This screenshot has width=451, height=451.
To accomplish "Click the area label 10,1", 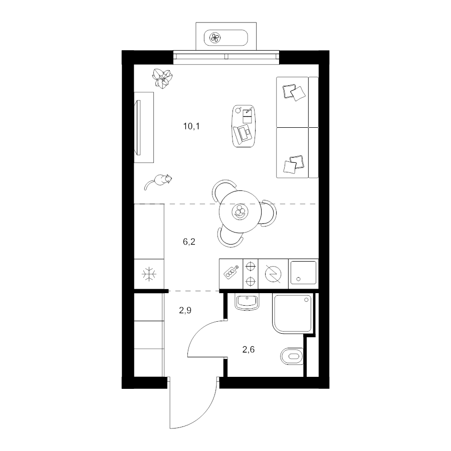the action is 191,126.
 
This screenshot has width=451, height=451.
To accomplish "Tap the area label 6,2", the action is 189,242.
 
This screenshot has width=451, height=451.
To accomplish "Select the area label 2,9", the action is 185,310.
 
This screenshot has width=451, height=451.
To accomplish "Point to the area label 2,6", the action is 249,350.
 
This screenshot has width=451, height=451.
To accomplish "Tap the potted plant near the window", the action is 162,78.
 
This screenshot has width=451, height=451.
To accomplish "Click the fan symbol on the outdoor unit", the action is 215,38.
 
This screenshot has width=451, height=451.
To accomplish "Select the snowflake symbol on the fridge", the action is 149,274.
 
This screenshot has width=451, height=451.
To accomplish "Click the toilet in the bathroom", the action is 292,356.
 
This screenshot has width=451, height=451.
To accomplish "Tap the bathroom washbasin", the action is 247,302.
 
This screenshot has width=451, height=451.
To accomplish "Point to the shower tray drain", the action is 306,300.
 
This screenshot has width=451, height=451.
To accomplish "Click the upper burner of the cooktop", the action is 251,266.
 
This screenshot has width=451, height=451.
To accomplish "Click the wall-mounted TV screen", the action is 139,128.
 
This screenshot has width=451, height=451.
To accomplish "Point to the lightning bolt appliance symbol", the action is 273,274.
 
